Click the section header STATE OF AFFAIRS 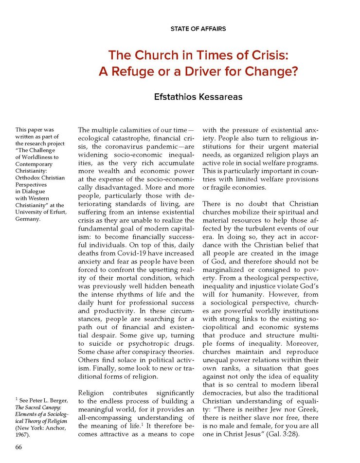tap(198, 29)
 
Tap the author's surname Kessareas tap(219, 98)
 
